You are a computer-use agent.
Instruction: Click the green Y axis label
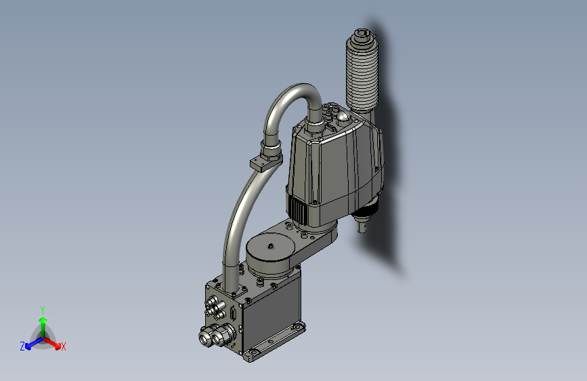coord(42,308)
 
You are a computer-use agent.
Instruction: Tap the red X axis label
coord(64,346)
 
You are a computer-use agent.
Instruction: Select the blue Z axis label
coord(22,346)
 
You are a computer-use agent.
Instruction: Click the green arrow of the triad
coord(43,322)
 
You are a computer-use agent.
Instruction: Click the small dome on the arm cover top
coord(345,118)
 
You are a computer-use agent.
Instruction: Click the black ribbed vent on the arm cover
coord(298,209)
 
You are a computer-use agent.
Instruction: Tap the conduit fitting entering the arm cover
coord(314,127)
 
